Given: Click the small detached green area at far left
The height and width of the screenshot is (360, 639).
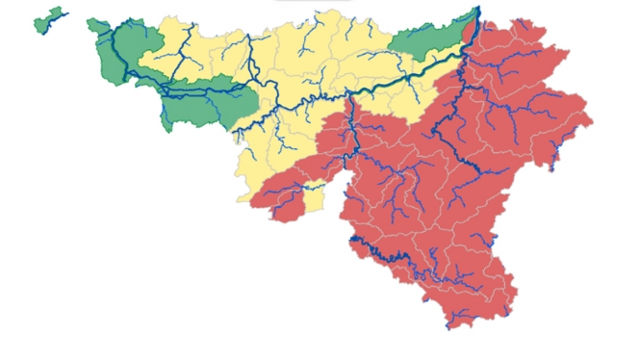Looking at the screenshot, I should click(x=47, y=19).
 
